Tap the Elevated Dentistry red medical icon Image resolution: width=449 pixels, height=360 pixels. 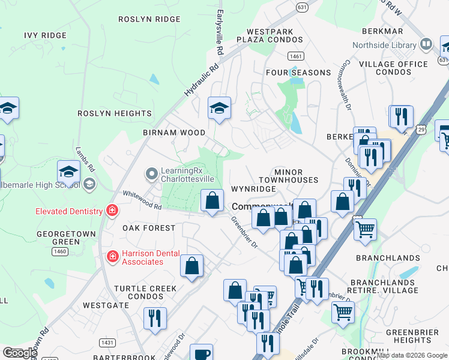[x=112, y=211]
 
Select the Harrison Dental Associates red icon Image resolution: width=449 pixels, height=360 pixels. [x=112, y=257]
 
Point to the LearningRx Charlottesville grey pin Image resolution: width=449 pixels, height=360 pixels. [x=152, y=175]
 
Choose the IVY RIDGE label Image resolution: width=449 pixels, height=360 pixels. [x=46, y=35]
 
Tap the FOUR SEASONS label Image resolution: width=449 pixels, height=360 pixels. [x=299, y=73]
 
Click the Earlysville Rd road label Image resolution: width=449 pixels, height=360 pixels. [x=220, y=29]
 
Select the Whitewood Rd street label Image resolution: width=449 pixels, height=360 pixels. [x=142, y=200]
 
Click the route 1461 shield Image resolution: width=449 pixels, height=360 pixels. [x=295, y=56]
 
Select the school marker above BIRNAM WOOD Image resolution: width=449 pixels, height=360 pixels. [x=219, y=109]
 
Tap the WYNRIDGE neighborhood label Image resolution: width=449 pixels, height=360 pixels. [x=253, y=189]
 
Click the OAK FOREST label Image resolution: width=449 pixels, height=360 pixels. [x=149, y=228]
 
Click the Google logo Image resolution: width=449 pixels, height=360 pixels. [x=20, y=353]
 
